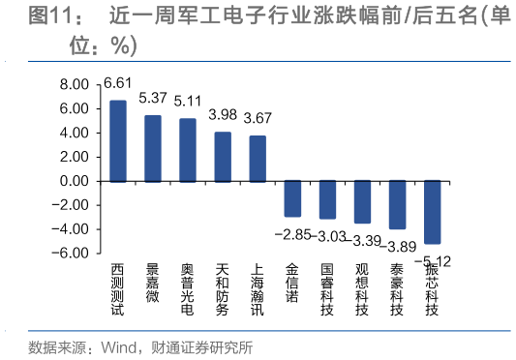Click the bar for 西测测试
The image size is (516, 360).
click(x=117, y=140)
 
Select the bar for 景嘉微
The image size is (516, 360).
click(x=152, y=148)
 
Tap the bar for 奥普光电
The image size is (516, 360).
click(x=188, y=150)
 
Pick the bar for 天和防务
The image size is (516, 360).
click(x=223, y=157)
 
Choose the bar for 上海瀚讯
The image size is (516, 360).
click(x=257, y=159)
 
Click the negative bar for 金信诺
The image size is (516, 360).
click(x=292, y=198)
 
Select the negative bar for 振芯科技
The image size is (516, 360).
click(x=432, y=212)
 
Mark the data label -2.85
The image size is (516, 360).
click(x=293, y=235)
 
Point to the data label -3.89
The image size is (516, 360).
click(x=396, y=247)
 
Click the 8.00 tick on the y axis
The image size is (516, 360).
click(x=73, y=84)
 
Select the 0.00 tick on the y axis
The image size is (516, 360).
click(x=73, y=181)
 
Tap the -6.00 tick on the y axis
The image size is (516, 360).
click(x=70, y=254)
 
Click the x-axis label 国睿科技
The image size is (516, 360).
click(x=327, y=288)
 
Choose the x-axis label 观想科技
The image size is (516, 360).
click(x=362, y=288)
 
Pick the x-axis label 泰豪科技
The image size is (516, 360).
click(x=396, y=288)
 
